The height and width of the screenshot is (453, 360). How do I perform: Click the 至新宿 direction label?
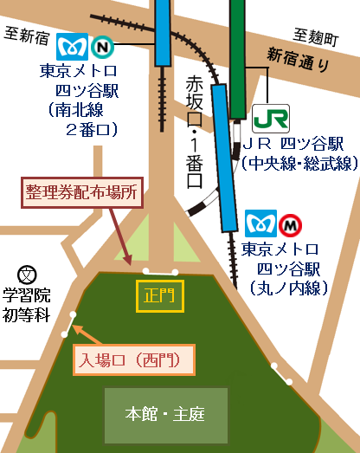(x=27, y=36)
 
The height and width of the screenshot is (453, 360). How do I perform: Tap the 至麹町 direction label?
(x=312, y=36)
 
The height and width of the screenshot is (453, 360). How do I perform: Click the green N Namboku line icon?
(x=102, y=44)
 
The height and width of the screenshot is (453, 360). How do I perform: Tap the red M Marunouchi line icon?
(x=292, y=224)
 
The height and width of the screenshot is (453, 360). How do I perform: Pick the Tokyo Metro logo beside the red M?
(x=260, y=224)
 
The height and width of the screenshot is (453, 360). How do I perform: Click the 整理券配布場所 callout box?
(x=82, y=192)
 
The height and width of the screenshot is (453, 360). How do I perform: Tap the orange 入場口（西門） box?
(x=132, y=360)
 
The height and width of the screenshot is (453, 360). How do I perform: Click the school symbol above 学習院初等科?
(x=28, y=275)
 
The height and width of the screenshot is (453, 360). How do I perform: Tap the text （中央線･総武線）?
(x=299, y=163)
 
